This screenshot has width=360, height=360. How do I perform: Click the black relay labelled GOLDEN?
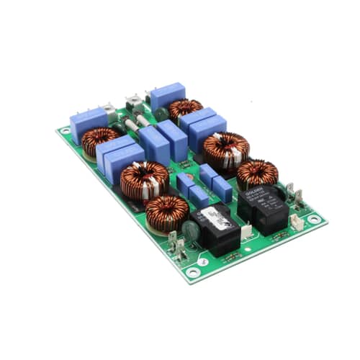coord(265,207)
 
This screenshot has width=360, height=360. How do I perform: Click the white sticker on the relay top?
coord(214,213)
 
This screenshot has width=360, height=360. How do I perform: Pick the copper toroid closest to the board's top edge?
coord(185,109)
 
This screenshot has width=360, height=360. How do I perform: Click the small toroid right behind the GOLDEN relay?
coord(257,172)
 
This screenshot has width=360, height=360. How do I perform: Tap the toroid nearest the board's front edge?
coord(167,212)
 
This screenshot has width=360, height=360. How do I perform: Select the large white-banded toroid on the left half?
coord(144,179)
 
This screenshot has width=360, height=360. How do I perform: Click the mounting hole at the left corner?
coord(66,131)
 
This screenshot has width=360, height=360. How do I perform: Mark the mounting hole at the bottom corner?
coord(192,272)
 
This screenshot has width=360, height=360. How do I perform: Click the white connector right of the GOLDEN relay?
coord(296,221)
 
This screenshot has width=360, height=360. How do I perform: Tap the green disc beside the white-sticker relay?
coord(191,231)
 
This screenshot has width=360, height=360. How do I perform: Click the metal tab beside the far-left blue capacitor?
coord(109,110)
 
